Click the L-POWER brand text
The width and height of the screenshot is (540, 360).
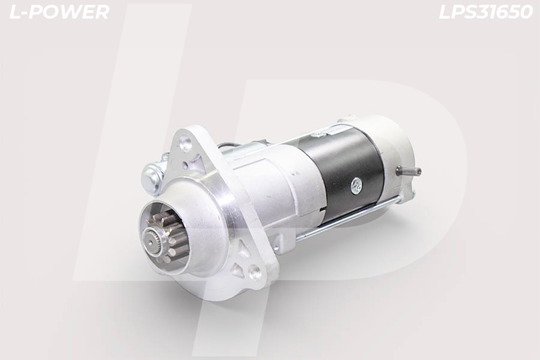click(59, 12)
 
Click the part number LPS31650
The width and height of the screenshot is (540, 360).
click(485, 12)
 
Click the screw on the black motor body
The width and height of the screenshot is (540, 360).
click(356, 186)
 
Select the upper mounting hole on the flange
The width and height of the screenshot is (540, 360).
click(186, 142)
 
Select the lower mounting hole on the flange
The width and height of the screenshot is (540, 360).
click(255, 273)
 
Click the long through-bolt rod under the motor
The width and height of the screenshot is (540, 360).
click(348, 219)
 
